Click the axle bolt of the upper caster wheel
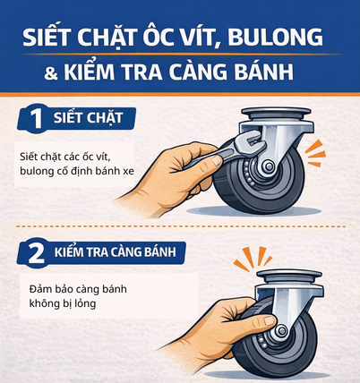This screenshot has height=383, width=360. [268, 168]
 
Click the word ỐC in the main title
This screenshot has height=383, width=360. [165, 40]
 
